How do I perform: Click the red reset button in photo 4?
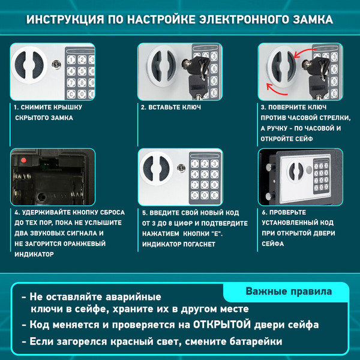click(x=23, y=161)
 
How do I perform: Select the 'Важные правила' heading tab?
click(x=288, y=292)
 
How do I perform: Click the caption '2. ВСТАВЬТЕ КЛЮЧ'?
click(x=170, y=107)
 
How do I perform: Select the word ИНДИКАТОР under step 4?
click(x=34, y=254)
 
